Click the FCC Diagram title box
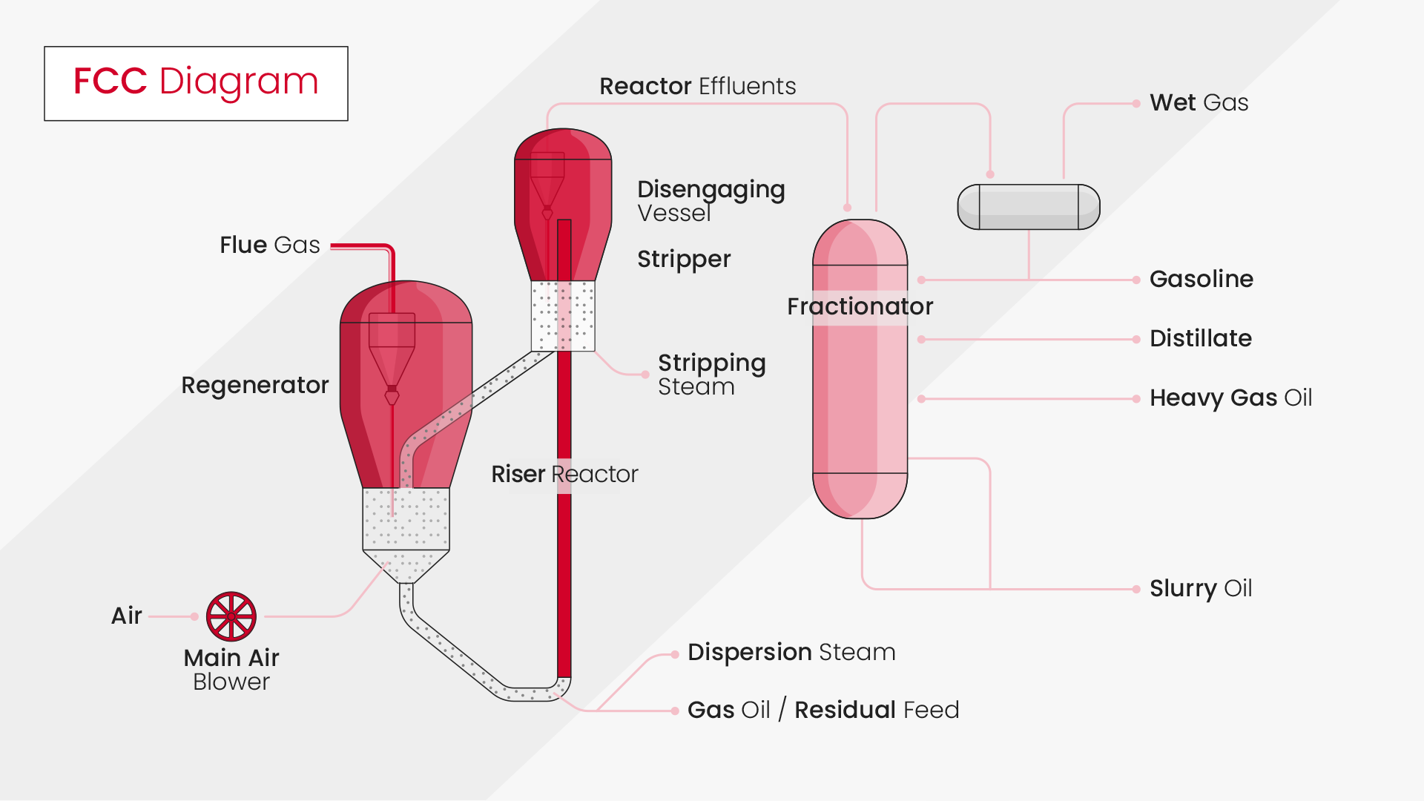tap(196, 83)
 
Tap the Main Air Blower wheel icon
tap(231, 616)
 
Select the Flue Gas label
tap(269, 245)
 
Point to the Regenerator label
tap(254, 385)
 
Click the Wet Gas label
tap(1199, 102)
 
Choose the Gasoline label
tap(1201, 279)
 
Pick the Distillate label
tap(1200, 338)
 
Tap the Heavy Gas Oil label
tap(1230, 398)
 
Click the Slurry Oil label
tap(1200, 588)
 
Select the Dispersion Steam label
tap(791, 652)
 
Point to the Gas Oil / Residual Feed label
tap(823, 710)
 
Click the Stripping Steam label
tap(711, 374)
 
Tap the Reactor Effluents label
tap(697, 86)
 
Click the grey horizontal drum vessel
tap(1029, 207)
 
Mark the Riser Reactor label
tap(564, 474)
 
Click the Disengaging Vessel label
tap(711, 200)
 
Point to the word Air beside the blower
tap(126, 616)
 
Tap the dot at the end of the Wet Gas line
tap(1136, 104)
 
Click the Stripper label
tap(684, 259)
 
